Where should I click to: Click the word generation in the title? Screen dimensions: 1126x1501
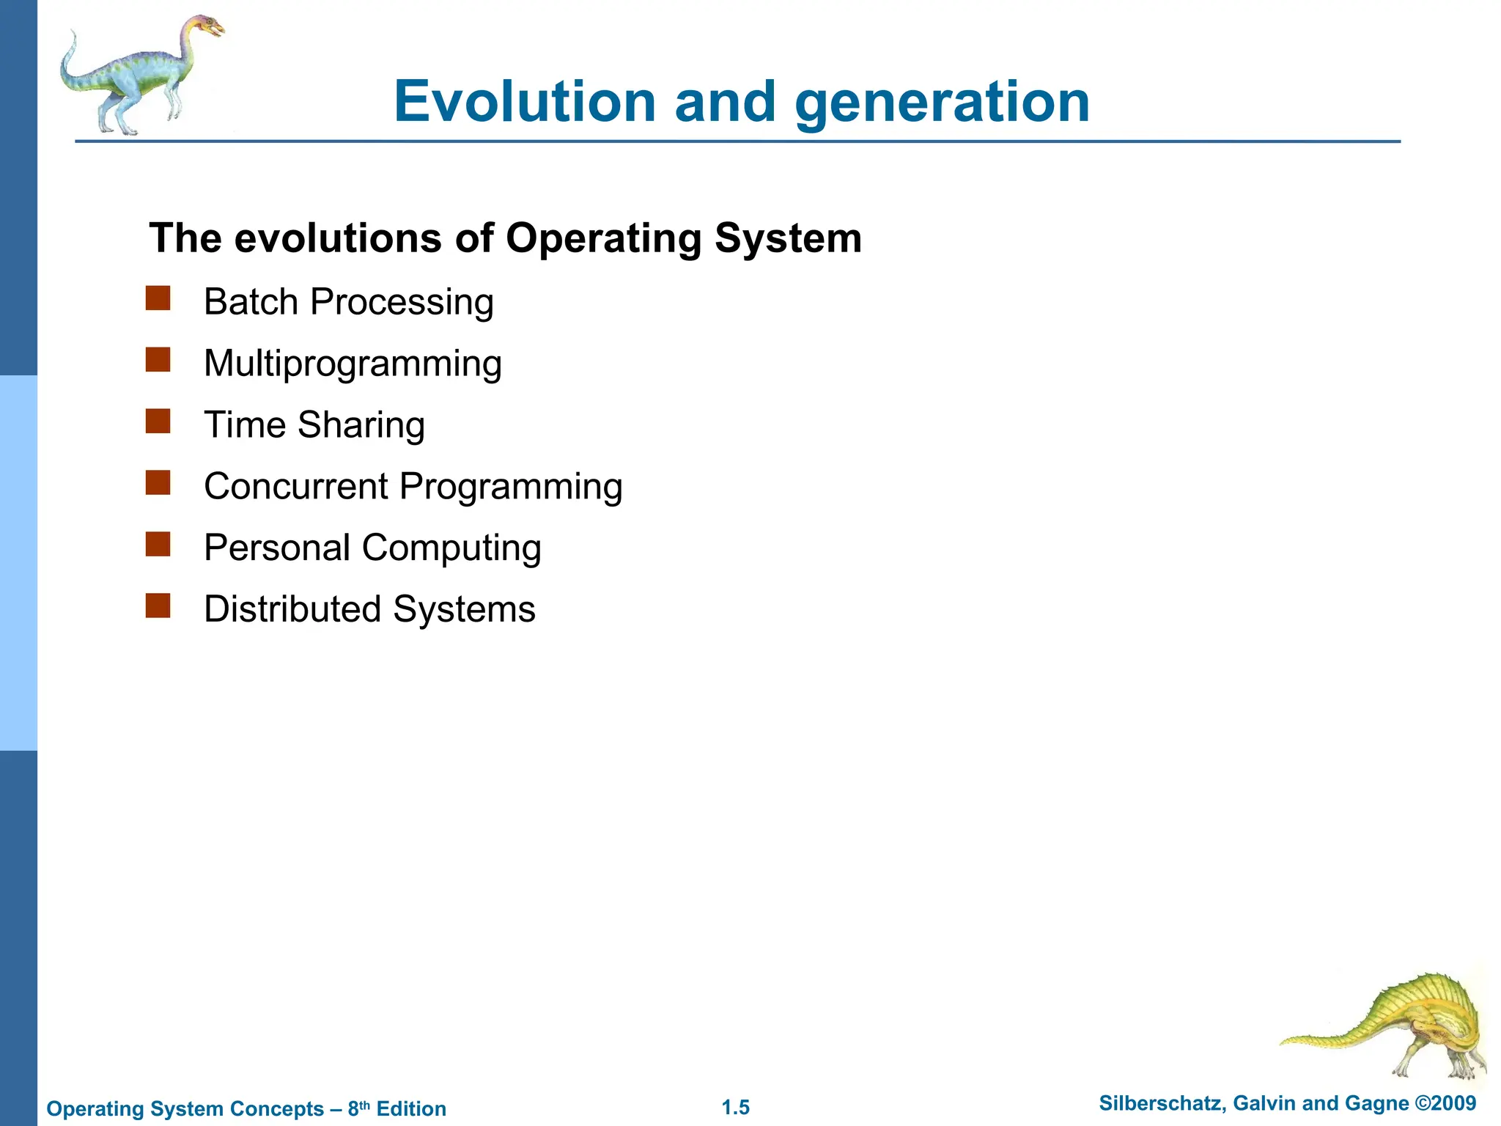coord(943,103)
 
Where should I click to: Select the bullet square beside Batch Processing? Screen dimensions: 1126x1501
coord(158,299)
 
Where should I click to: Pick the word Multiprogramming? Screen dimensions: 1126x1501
coord(353,364)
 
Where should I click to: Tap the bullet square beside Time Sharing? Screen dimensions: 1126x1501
coord(158,422)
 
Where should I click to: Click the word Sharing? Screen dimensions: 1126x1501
coord(361,425)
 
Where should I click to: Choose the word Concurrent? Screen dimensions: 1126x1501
coord(296,486)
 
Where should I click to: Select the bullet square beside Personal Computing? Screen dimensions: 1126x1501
coord(158,545)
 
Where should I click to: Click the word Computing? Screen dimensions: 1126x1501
coord(451,548)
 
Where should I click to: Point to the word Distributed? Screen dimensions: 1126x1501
coord(292,609)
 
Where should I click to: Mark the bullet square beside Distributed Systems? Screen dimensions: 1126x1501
coord(158,607)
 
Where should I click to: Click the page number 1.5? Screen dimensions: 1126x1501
coord(735,1108)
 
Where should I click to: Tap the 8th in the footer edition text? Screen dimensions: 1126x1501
coord(358,1108)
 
